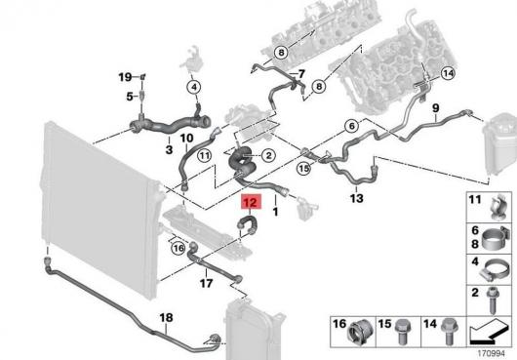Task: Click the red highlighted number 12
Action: (x=252, y=202)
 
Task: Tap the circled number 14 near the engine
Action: (x=448, y=73)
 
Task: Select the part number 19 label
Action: (x=125, y=77)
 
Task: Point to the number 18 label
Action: (x=166, y=317)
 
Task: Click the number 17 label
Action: (x=206, y=283)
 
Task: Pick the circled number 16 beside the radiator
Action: (x=179, y=248)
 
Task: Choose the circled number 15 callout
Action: (x=303, y=169)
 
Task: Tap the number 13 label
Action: (x=356, y=198)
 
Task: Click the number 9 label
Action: (x=436, y=107)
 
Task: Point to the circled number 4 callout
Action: (x=194, y=88)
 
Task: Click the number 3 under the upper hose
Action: (x=169, y=149)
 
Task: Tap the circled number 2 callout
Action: (x=268, y=155)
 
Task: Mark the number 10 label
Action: (x=186, y=139)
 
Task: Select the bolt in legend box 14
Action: (x=448, y=331)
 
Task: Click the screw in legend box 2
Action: (x=493, y=301)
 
